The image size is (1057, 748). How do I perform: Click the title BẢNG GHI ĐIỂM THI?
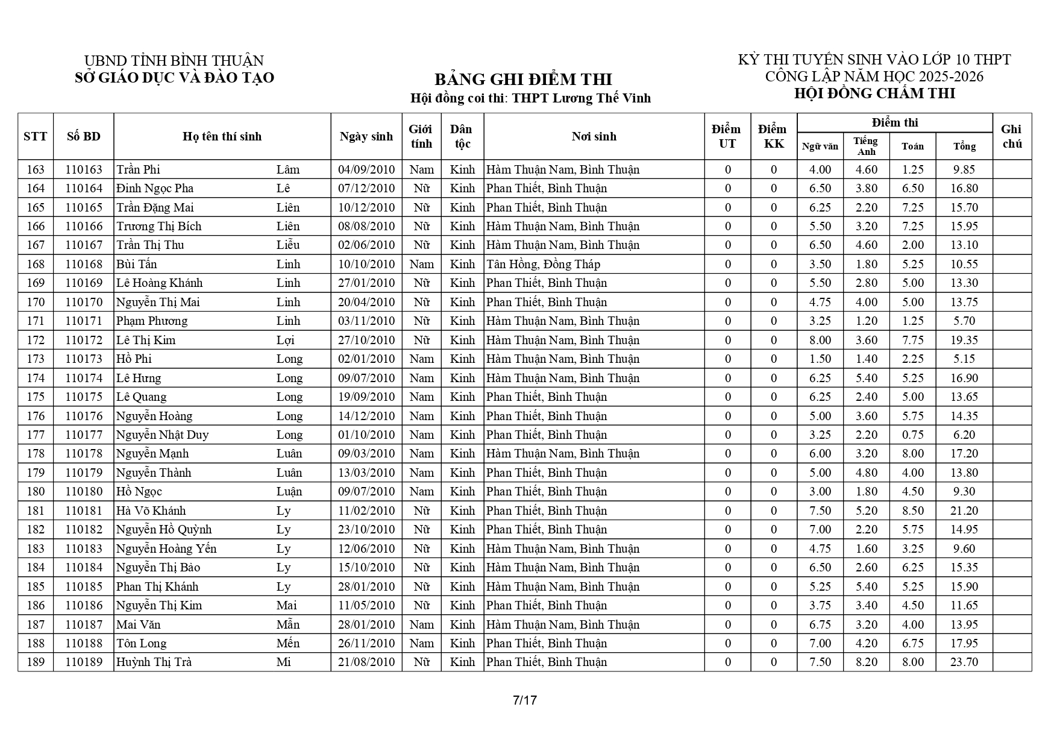(522, 80)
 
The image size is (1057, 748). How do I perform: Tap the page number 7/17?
(524, 700)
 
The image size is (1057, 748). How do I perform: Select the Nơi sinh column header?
(594, 136)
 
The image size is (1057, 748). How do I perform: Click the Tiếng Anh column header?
(865, 146)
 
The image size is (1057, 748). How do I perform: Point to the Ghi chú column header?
(1011, 136)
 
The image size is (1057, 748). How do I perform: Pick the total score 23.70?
(964, 662)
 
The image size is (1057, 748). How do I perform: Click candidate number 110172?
(84, 340)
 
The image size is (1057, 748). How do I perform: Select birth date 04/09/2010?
(366, 169)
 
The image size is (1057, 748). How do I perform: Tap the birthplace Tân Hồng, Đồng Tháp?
(543, 264)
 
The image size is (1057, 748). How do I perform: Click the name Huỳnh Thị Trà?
(154, 662)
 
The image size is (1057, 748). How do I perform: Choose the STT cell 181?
(36, 511)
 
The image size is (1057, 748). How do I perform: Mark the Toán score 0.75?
(912, 435)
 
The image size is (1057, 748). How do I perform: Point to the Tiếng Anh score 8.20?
(867, 662)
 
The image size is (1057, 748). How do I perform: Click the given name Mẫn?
(287, 624)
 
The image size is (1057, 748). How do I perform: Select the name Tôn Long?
(141, 643)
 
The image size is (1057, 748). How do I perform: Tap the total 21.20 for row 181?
(964, 511)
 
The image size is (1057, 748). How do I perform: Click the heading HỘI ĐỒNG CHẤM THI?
(874, 93)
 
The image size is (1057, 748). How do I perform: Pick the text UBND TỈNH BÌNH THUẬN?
(174, 61)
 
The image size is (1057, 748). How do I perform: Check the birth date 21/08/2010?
(366, 662)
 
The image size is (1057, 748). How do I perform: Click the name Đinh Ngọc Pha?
(155, 188)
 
